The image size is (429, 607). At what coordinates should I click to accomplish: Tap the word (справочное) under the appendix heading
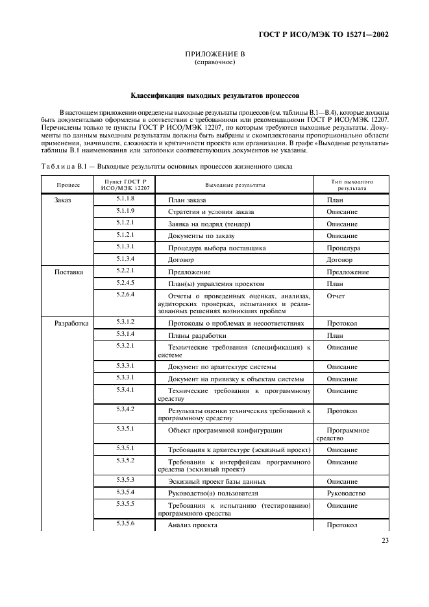(x=214, y=64)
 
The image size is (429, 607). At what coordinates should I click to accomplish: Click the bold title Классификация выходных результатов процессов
(x=214, y=95)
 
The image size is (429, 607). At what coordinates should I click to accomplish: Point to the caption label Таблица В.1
(x=64, y=167)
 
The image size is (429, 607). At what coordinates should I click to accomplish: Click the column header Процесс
(x=67, y=185)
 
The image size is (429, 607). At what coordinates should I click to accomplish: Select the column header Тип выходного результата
(x=352, y=185)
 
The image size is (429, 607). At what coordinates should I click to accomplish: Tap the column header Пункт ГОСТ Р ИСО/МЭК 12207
(x=125, y=185)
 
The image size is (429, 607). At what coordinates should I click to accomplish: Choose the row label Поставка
(x=68, y=272)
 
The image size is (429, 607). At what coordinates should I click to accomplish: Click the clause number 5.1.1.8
(x=125, y=199)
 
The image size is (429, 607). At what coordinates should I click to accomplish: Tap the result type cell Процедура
(x=343, y=248)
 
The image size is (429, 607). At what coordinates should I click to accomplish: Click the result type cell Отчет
(x=336, y=296)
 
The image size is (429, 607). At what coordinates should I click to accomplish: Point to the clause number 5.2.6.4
(x=125, y=294)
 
